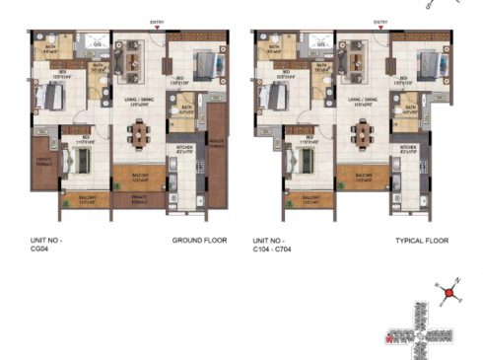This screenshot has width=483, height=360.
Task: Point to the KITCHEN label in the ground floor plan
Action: [184, 149]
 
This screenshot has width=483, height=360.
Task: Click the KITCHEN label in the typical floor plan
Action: [408, 149]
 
